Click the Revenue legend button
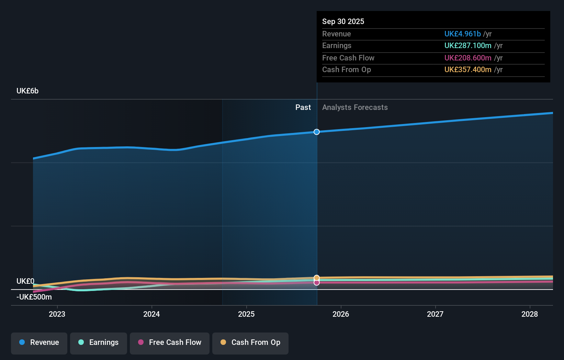point(39,343)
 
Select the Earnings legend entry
point(99,343)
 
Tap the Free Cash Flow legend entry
point(170,343)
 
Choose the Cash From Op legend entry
point(250,343)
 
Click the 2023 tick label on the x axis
point(57,314)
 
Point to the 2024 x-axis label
point(151,314)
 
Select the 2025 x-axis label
point(246,314)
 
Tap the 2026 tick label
point(341,314)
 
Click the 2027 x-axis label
point(435,314)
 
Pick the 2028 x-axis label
point(530,314)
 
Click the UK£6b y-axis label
point(27,91)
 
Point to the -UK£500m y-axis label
point(34,297)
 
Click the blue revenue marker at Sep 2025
point(317,132)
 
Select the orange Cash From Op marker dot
point(317,278)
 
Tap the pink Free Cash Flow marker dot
point(317,283)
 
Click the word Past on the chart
point(303,108)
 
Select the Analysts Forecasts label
point(355,108)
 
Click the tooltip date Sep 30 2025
point(343,22)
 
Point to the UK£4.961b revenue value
point(462,34)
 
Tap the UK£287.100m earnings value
point(468,46)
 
